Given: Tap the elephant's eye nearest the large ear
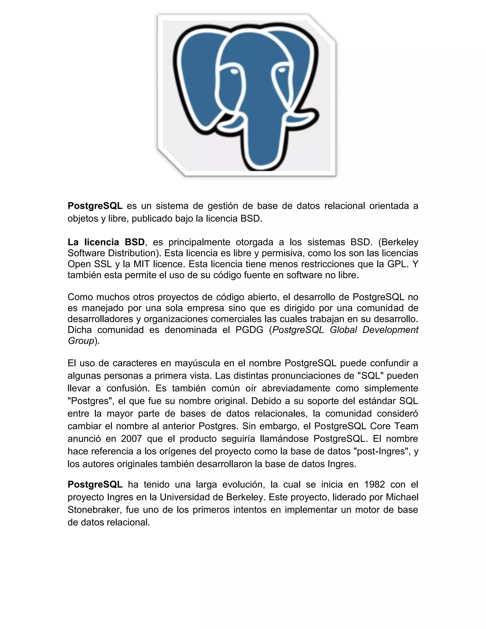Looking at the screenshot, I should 234,70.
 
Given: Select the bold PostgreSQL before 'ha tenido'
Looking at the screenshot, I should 95,484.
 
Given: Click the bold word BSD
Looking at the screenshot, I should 135,242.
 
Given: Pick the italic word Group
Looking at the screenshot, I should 81,341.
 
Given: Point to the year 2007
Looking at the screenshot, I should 131,439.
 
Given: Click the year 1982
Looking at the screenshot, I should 374,484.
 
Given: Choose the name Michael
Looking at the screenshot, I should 402,497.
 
